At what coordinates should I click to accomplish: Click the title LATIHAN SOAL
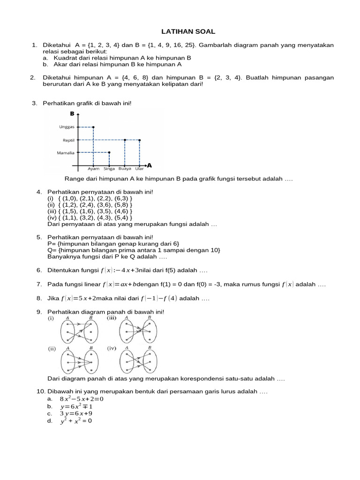(188, 31)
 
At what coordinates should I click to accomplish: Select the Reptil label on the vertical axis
(68, 140)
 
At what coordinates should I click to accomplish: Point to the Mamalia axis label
(66, 152)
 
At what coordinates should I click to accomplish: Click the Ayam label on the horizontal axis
(94, 169)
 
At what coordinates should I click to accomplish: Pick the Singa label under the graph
(109, 169)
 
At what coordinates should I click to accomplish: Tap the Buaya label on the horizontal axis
(125, 169)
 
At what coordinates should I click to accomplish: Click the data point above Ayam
(94, 127)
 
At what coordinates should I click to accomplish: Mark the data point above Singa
(109, 152)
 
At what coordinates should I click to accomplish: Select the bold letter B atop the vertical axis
(72, 114)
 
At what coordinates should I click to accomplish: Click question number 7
(39, 285)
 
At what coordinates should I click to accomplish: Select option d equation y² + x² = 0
(76, 421)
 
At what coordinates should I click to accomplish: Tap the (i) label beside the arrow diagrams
(51, 318)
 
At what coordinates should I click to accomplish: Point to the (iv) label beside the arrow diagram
(112, 349)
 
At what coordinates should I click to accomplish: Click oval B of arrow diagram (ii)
(90, 363)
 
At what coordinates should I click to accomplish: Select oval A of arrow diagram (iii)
(126, 333)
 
